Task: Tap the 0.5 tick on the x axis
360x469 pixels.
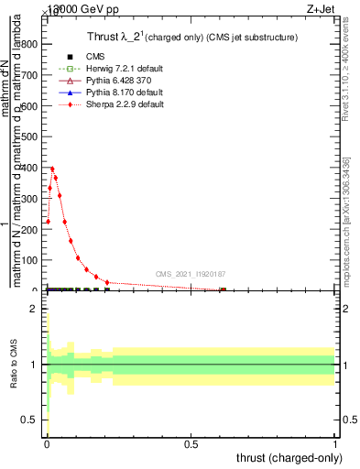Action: pos(191,444)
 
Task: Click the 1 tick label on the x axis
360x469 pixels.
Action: pos(335,444)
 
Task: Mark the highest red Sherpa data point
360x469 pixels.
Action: pos(52,169)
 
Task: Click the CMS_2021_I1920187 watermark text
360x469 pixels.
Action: pos(191,273)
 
